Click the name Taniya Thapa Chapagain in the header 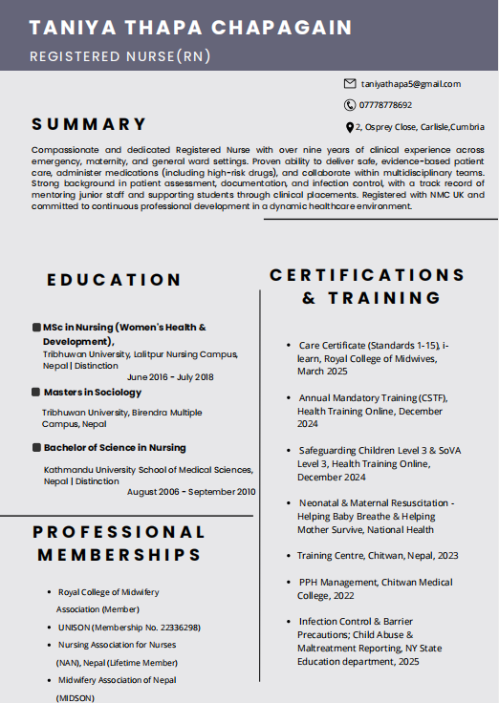(190, 27)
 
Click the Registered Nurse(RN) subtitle (120, 56)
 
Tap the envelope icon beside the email (350, 84)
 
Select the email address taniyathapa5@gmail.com (411, 84)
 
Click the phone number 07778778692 (385, 105)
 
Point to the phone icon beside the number (350, 105)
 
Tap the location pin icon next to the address (350, 127)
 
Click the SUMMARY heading (89, 124)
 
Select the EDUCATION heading (114, 280)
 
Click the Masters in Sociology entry (92, 392)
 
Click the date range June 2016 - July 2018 (170, 376)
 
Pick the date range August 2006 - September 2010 (191, 492)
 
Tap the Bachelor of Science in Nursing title (114, 447)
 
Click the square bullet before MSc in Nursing (35, 328)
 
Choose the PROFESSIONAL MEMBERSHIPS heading (119, 543)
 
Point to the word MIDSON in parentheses (76, 698)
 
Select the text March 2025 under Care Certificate (323, 372)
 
